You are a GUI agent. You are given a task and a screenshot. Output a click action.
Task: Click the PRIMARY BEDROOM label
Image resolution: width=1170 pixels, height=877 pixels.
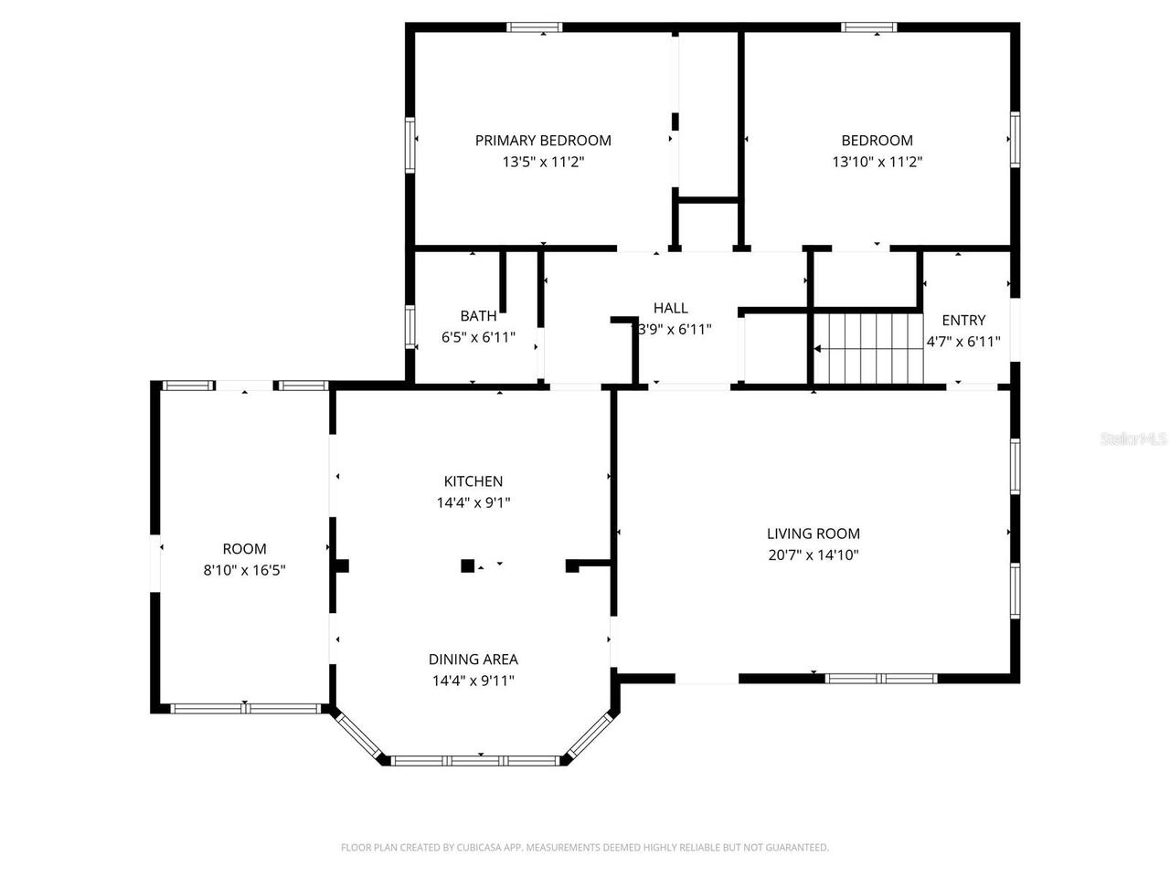click(x=543, y=140)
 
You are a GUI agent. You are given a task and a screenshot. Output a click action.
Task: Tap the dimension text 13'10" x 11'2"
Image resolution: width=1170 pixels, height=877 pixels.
click(x=877, y=162)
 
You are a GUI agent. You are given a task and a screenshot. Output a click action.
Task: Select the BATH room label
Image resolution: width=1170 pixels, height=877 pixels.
click(x=478, y=316)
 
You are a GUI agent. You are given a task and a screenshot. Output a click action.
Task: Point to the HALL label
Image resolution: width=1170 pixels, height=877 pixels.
click(x=670, y=308)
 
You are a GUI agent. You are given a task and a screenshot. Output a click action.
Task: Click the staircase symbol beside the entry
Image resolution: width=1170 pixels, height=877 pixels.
click(x=867, y=348)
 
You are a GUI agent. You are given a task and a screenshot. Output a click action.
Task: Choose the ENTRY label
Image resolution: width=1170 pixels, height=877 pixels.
click(x=963, y=320)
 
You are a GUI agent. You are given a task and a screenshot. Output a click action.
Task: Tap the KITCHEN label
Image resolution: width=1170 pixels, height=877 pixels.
click(x=473, y=481)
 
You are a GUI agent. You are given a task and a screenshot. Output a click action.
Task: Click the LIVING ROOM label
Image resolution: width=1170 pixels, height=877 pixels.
click(x=813, y=534)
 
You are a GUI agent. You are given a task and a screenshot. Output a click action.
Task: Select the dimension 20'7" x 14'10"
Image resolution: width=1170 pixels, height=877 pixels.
click(x=813, y=555)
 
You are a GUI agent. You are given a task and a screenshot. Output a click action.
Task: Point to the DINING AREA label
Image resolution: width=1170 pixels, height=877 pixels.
click(x=473, y=659)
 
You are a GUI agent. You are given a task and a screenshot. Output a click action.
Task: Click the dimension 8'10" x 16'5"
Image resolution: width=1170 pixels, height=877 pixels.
click(x=245, y=570)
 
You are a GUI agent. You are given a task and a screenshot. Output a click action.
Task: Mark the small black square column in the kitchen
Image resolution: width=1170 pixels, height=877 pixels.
click(x=467, y=565)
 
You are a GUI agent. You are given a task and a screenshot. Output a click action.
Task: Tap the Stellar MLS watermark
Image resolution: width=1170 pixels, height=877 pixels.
click(x=1133, y=439)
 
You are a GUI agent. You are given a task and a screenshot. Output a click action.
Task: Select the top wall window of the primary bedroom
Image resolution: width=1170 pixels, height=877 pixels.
click(x=535, y=27)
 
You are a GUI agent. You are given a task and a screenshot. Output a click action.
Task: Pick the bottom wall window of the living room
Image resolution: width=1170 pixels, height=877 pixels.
click(x=881, y=679)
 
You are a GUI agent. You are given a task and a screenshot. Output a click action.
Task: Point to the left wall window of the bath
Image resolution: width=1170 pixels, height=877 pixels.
click(x=410, y=325)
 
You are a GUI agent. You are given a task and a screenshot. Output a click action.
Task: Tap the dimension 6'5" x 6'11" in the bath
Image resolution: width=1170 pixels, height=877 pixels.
click(x=478, y=337)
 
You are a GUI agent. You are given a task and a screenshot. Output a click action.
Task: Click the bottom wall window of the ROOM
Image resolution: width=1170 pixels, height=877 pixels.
click(x=245, y=708)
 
